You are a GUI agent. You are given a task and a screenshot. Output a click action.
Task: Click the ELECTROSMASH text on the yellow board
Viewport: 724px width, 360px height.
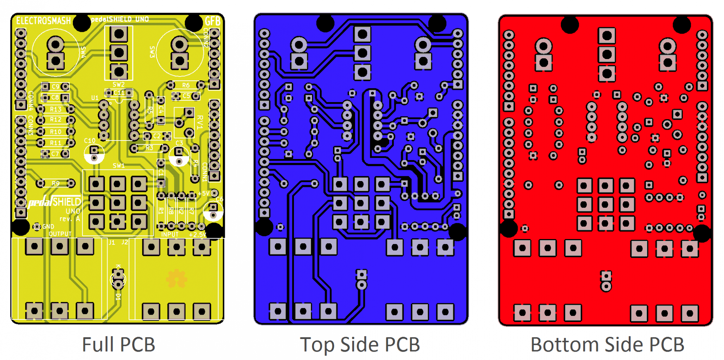click(43, 21)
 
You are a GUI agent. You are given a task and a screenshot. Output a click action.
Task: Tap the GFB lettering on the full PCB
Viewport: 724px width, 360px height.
click(212, 21)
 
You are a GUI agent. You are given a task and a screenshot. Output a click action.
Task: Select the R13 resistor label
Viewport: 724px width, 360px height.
click(55, 109)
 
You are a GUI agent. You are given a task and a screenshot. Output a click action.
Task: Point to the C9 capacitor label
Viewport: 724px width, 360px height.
click(55, 87)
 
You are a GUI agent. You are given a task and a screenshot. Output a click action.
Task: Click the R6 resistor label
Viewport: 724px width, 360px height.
click(186, 85)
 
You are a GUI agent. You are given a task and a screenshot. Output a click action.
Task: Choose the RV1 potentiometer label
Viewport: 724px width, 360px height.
click(200, 122)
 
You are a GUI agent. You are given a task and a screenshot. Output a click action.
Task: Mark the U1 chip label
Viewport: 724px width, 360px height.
click(95, 97)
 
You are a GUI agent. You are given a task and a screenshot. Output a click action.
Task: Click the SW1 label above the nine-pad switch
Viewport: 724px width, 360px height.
click(118, 166)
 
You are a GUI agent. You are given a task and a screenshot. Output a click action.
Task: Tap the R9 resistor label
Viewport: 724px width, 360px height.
click(55, 184)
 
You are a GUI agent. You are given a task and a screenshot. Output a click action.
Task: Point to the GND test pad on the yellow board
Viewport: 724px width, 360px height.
click(37, 227)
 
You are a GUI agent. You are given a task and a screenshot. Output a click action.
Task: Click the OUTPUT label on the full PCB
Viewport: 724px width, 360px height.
click(60, 234)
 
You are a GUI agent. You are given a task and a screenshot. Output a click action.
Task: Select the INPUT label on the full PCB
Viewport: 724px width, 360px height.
click(170, 234)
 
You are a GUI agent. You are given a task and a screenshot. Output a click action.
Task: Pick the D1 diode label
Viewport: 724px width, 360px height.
click(118, 297)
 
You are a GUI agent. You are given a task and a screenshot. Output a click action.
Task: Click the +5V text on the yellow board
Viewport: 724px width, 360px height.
click(204, 193)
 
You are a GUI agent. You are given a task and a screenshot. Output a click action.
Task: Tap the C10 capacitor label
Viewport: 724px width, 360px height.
click(90, 141)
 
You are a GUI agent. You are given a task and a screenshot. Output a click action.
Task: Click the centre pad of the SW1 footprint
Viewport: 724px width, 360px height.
click(117, 203)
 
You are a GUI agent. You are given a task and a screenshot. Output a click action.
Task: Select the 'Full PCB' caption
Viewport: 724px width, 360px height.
click(118, 344)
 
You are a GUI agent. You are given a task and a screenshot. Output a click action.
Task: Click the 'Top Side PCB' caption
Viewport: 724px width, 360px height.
click(360, 344)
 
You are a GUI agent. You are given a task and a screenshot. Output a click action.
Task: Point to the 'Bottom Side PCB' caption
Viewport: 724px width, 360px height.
click(607, 344)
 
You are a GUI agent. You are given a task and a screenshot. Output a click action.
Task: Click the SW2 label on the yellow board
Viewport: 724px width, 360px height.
click(118, 84)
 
